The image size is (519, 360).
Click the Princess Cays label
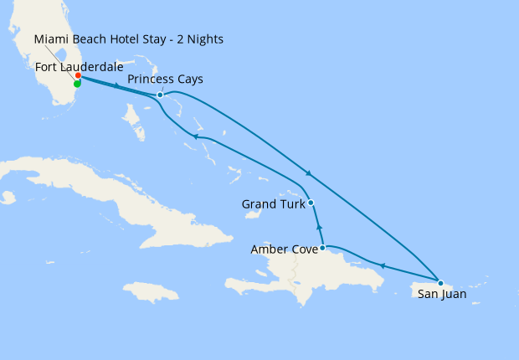click(x=165, y=80)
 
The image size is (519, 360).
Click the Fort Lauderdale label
click(x=80, y=66)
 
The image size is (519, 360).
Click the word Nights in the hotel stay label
click(x=203, y=39)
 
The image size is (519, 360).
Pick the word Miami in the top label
click(x=53, y=39)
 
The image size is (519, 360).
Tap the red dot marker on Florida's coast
click(x=78, y=76)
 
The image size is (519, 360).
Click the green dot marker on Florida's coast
click(x=77, y=84)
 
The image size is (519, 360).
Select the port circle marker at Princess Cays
click(x=160, y=95)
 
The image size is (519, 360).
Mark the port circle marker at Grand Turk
click(x=311, y=203)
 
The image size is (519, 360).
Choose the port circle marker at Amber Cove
click(x=322, y=248)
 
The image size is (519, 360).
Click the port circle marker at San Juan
click(x=440, y=283)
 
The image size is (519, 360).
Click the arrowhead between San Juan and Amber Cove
click(x=382, y=266)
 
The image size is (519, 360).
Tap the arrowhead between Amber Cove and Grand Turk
click(x=318, y=226)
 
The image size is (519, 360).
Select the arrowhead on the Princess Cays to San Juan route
click(x=309, y=173)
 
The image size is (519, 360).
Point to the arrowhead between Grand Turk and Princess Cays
click(x=194, y=136)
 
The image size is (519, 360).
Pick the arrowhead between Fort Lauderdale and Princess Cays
click(x=116, y=85)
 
